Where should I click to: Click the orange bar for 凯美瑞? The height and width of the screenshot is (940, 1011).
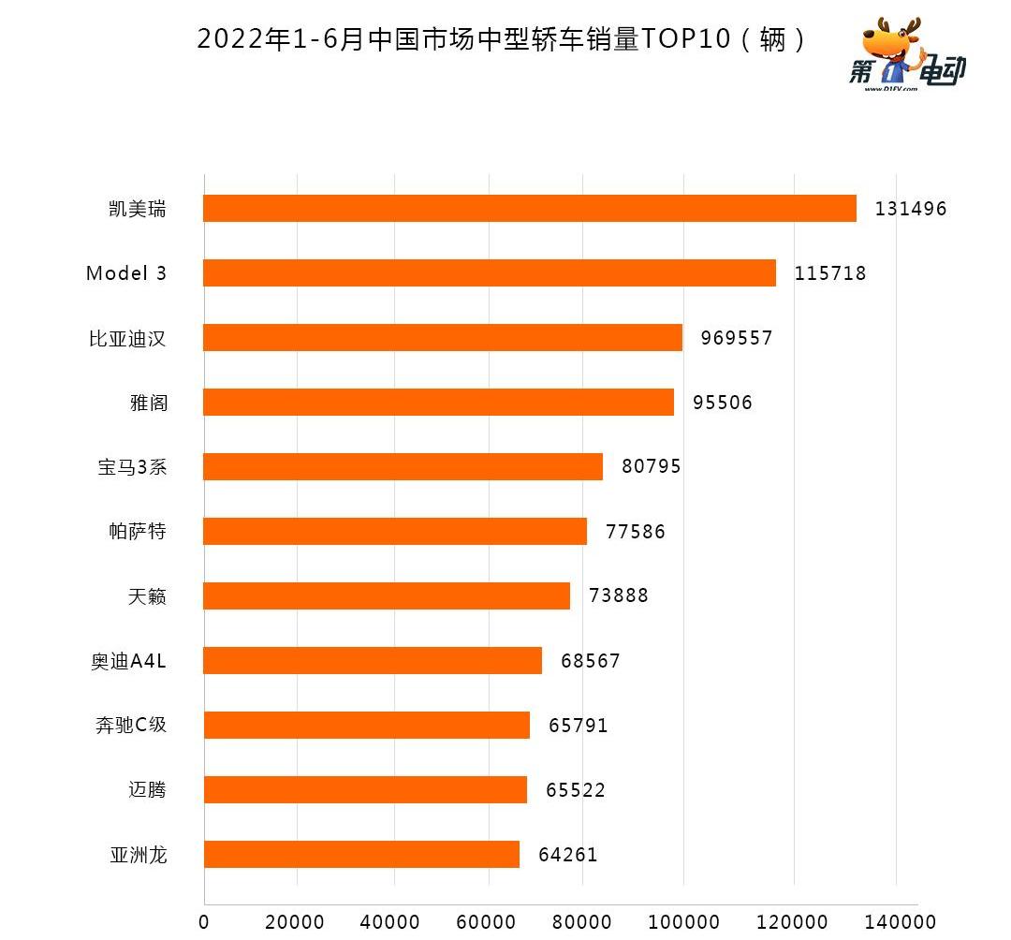[529, 208]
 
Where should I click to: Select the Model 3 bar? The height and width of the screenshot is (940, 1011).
[489, 272]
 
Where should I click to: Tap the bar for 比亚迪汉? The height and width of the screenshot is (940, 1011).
[442, 337]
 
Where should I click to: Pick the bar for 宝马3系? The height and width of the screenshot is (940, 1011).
[403, 466]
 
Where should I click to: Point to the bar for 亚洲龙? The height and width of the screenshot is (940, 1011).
[361, 854]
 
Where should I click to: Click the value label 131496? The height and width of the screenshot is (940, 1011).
[911, 209]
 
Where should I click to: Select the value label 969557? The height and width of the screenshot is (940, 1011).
[737, 338]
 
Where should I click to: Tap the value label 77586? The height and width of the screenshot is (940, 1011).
[636, 532]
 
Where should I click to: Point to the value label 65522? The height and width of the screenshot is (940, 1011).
[576, 790]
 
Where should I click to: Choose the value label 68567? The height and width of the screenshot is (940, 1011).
[591, 661]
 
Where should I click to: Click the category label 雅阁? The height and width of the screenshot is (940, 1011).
[148, 403]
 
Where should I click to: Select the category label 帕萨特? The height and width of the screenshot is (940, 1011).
[138, 532]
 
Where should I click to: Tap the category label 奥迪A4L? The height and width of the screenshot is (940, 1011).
[129, 661]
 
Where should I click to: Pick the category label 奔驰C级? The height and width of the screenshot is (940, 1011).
[131, 725]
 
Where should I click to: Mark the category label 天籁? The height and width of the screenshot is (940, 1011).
[148, 595]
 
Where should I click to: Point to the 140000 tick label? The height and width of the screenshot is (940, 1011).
[893, 922]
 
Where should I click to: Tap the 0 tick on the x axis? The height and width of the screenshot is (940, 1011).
[204, 922]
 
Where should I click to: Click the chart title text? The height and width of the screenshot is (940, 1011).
[501, 39]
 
